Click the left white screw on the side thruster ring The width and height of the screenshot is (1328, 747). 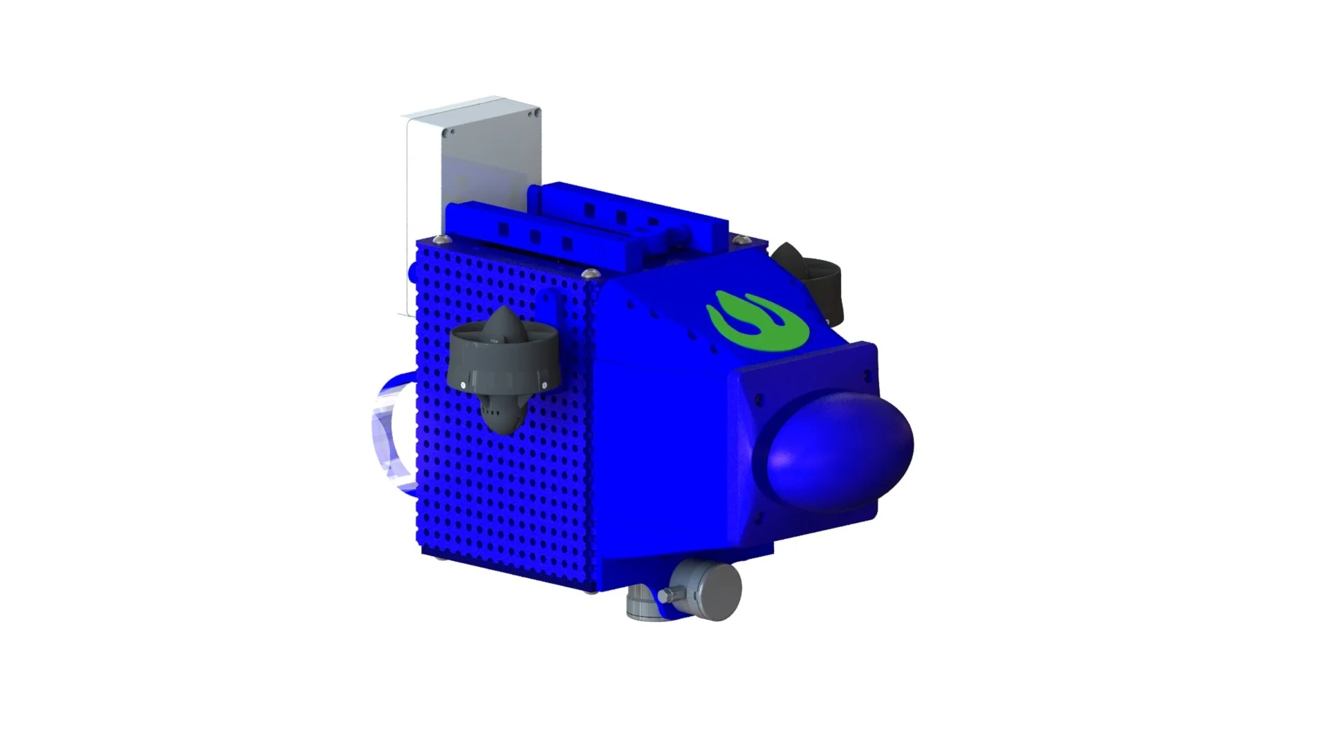coord(463,384)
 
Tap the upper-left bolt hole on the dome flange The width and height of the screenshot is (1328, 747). coord(759,400)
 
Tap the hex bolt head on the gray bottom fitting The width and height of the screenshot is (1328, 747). coord(666,596)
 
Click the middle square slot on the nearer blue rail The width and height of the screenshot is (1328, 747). coord(535,236)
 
